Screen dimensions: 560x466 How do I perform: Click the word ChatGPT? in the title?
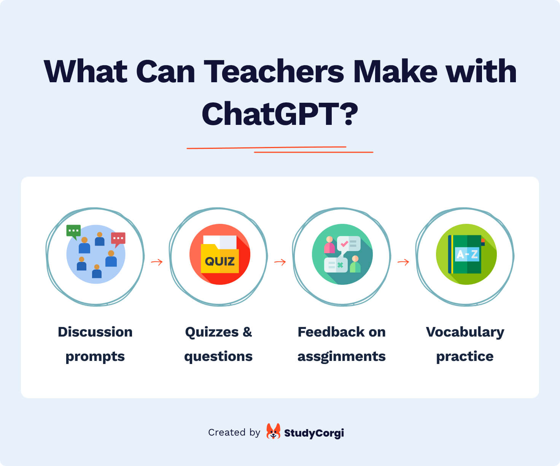click(x=280, y=113)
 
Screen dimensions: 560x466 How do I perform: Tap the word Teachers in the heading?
click(x=274, y=71)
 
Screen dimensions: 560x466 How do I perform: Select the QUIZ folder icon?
click(x=220, y=254)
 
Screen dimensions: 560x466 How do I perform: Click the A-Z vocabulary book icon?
click(x=466, y=254)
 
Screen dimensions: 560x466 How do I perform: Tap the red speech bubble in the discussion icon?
click(x=118, y=239)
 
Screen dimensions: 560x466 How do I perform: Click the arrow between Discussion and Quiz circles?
click(x=157, y=262)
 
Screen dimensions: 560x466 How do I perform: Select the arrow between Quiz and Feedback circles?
click(x=280, y=262)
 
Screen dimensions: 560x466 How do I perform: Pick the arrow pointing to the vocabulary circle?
click(x=403, y=262)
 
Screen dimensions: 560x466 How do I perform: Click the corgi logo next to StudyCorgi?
click(x=273, y=431)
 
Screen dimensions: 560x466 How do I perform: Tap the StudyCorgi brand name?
click(x=314, y=433)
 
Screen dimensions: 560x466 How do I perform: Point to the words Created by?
click(x=234, y=433)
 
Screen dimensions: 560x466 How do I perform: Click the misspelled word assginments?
click(x=341, y=357)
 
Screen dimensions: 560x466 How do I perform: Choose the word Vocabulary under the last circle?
click(x=465, y=333)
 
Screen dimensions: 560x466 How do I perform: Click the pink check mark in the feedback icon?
click(x=344, y=244)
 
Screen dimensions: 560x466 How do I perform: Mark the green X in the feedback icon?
click(x=340, y=265)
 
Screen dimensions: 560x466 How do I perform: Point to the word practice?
click(x=465, y=357)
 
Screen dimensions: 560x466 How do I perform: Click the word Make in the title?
click(x=395, y=71)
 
